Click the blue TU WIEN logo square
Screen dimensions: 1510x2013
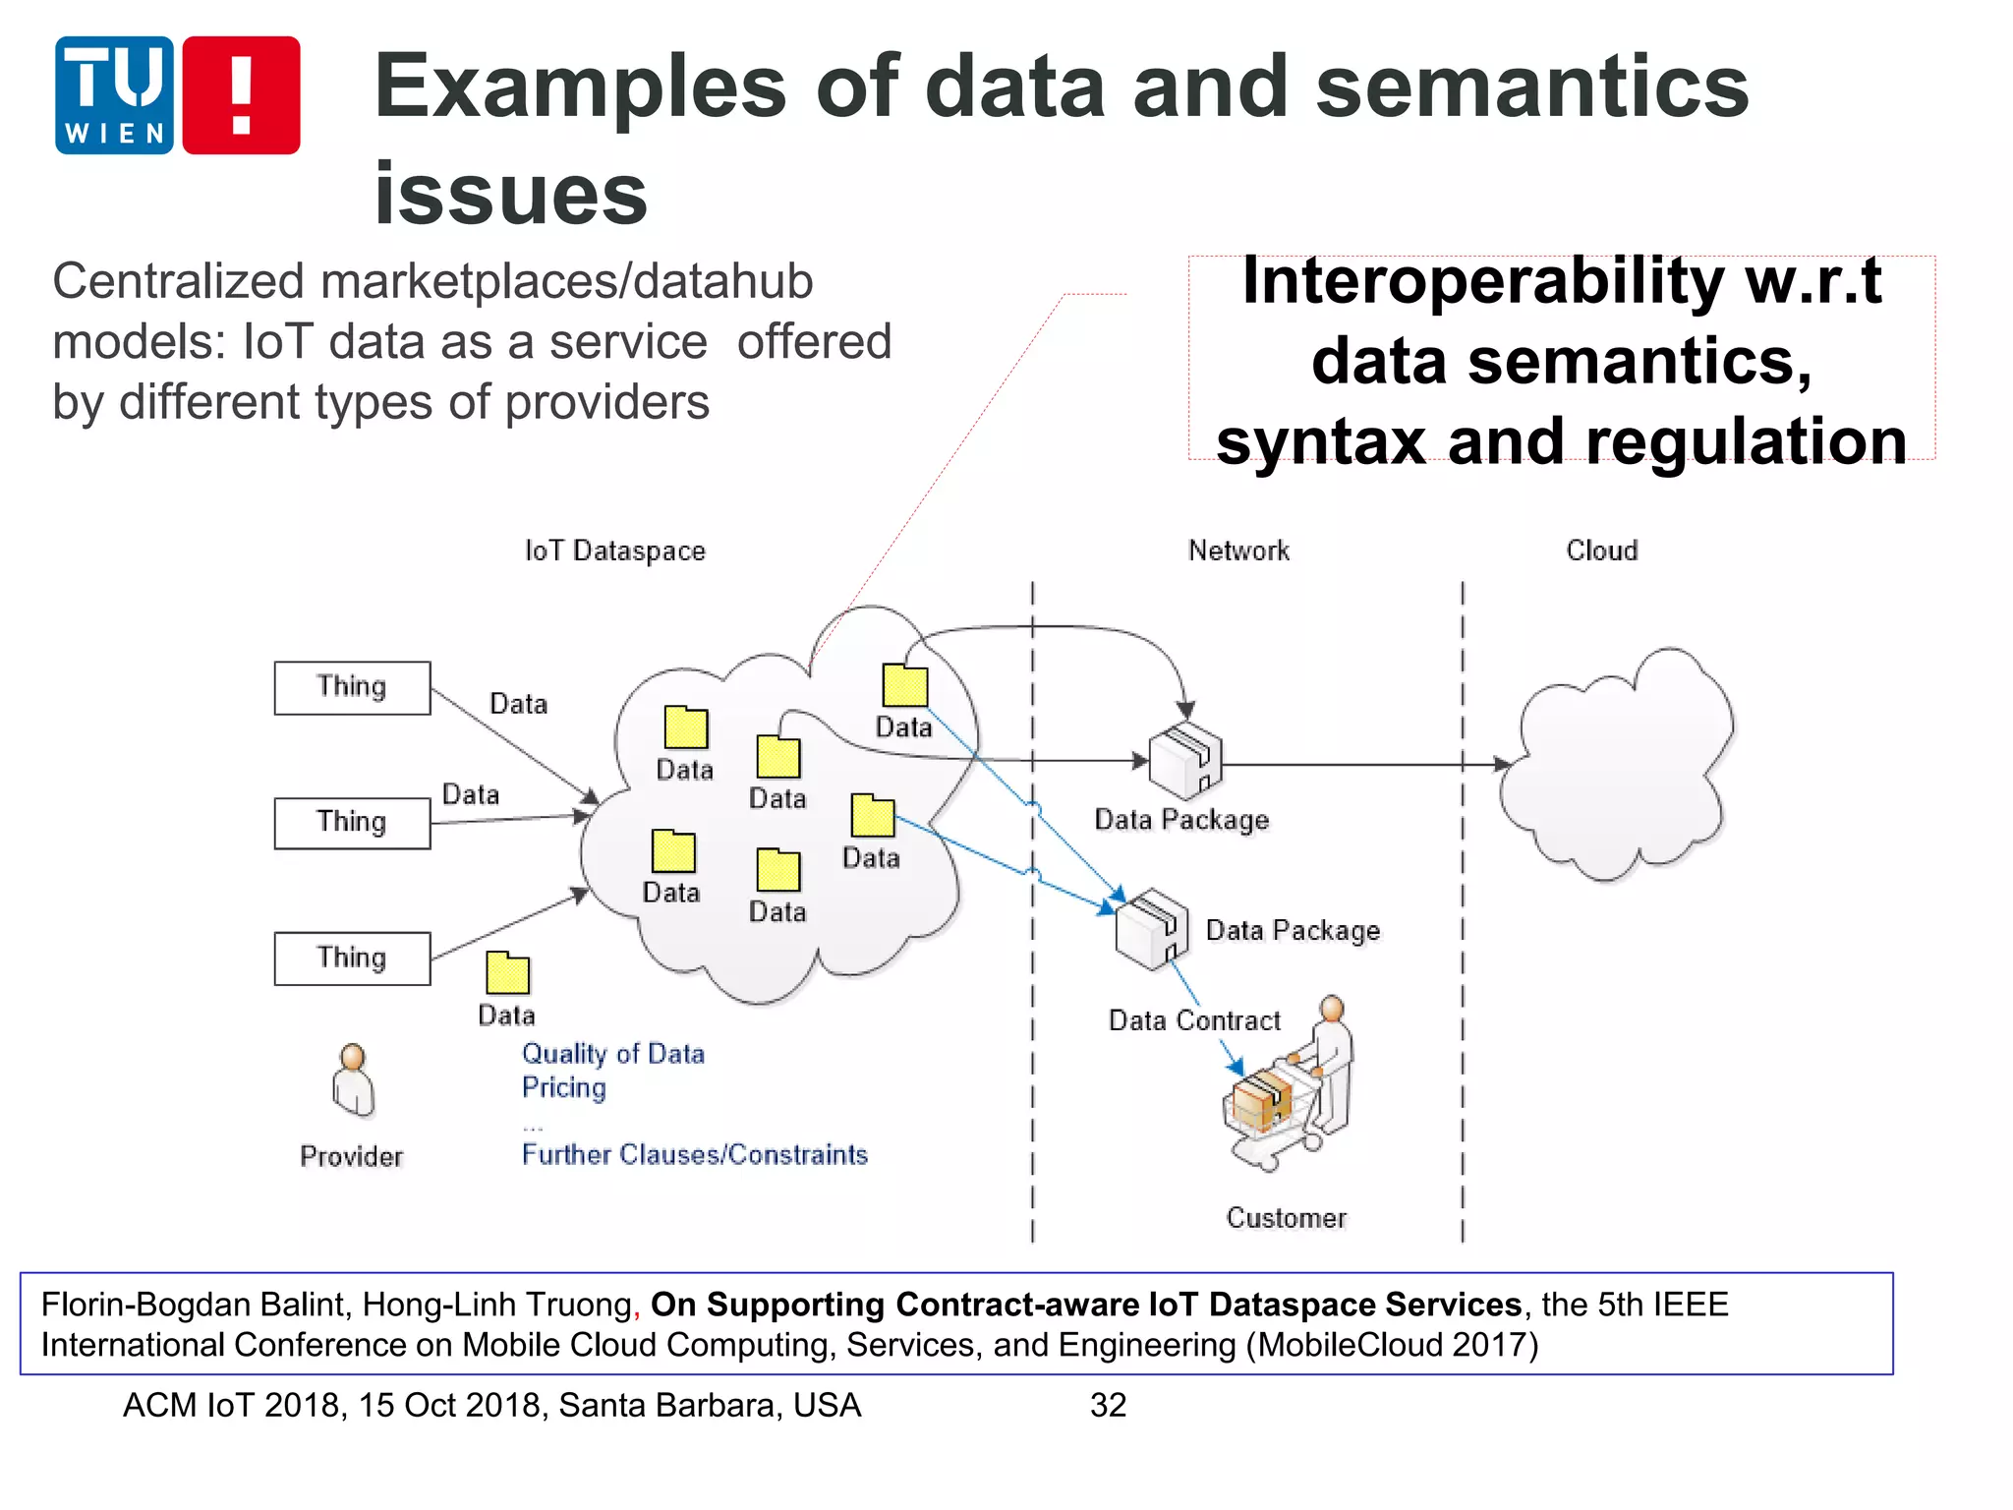[x=114, y=95]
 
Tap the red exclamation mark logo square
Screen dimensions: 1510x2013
[x=241, y=95]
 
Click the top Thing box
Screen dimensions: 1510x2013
[x=352, y=687]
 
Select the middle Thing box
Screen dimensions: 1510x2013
[x=352, y=823]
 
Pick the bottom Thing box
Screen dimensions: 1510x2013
[x=352, y=958]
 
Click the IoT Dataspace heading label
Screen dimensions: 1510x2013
[x=615, y=551]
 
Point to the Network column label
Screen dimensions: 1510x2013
[x=1238, y=551]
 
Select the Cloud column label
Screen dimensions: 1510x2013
[x=1602, y=551]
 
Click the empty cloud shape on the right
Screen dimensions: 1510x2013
[x=1617, y=767]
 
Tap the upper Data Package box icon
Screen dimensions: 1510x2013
[x=1185, y=760]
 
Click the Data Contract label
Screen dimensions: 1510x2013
[x=1194, y=1020]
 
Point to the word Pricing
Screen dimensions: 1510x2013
[x=563, y=1087]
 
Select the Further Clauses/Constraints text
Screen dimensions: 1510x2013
[x=695, y=1154]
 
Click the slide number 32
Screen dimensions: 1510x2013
[x=1108, y=1405]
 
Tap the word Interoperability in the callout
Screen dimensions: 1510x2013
[x=1482, y=282]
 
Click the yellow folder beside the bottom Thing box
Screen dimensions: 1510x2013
[x=507, y=973]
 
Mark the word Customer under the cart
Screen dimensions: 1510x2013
[x=1286, y=1218]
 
